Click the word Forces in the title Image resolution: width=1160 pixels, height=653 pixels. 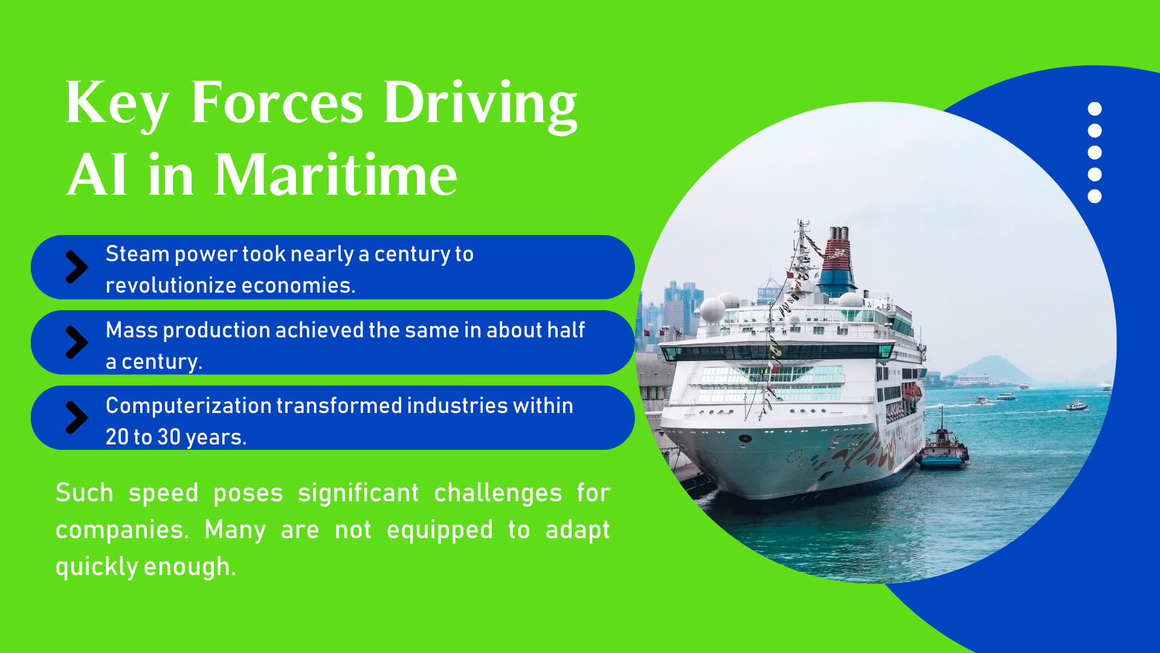[x=277, y=103]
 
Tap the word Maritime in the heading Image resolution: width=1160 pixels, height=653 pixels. [x=336, y=175]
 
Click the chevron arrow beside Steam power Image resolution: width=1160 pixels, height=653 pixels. [x=77, y=267]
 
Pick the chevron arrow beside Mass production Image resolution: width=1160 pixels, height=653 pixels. [x=77, y=343]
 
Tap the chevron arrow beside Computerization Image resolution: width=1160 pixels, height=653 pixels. [x=77, y=418]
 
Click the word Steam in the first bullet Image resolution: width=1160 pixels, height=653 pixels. [x=137, y=254]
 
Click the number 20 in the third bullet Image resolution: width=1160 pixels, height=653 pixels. [x=117, y=437]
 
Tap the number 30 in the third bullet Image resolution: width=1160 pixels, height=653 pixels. [x=169, y=437]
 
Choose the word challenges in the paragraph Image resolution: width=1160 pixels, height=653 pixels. [x=498, y=493]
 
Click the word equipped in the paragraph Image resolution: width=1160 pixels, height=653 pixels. [x=439, y=530]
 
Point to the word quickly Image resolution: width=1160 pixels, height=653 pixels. [x=97, y=567]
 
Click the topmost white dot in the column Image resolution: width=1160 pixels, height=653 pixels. [x=1095, y=109]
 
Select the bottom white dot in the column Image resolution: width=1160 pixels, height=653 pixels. [x=1095, y=196]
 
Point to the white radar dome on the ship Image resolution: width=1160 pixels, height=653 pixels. [x=713, y=310]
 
